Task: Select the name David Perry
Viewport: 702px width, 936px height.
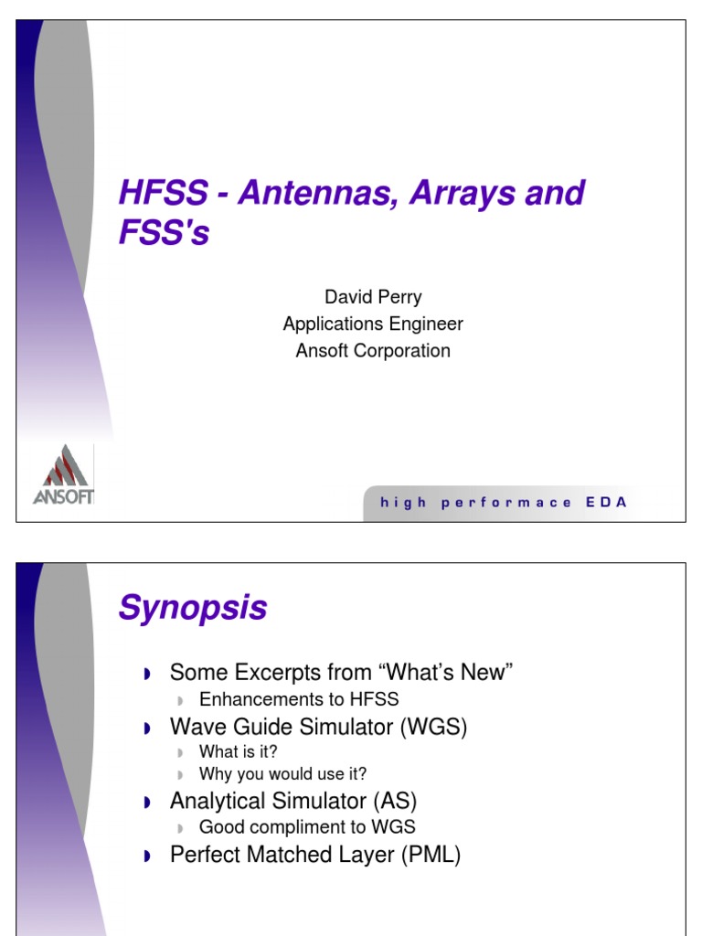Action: point(373,297)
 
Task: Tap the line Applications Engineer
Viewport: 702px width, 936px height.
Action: point(373,324)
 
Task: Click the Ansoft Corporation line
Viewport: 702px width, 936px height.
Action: point(373,350)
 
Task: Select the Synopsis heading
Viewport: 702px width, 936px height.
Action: point(193,608)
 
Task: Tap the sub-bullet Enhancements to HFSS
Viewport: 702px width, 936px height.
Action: point(299,699)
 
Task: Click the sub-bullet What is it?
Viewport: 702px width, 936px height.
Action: point(239,751)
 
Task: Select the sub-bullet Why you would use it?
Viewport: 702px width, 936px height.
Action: point(282,774)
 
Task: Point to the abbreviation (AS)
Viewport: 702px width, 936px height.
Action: point(394,802)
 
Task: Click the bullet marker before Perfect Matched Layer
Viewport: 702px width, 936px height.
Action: point(147,857)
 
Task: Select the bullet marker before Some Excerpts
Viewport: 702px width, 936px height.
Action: point(147,675)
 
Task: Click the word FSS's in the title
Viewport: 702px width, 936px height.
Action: point(164,234)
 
